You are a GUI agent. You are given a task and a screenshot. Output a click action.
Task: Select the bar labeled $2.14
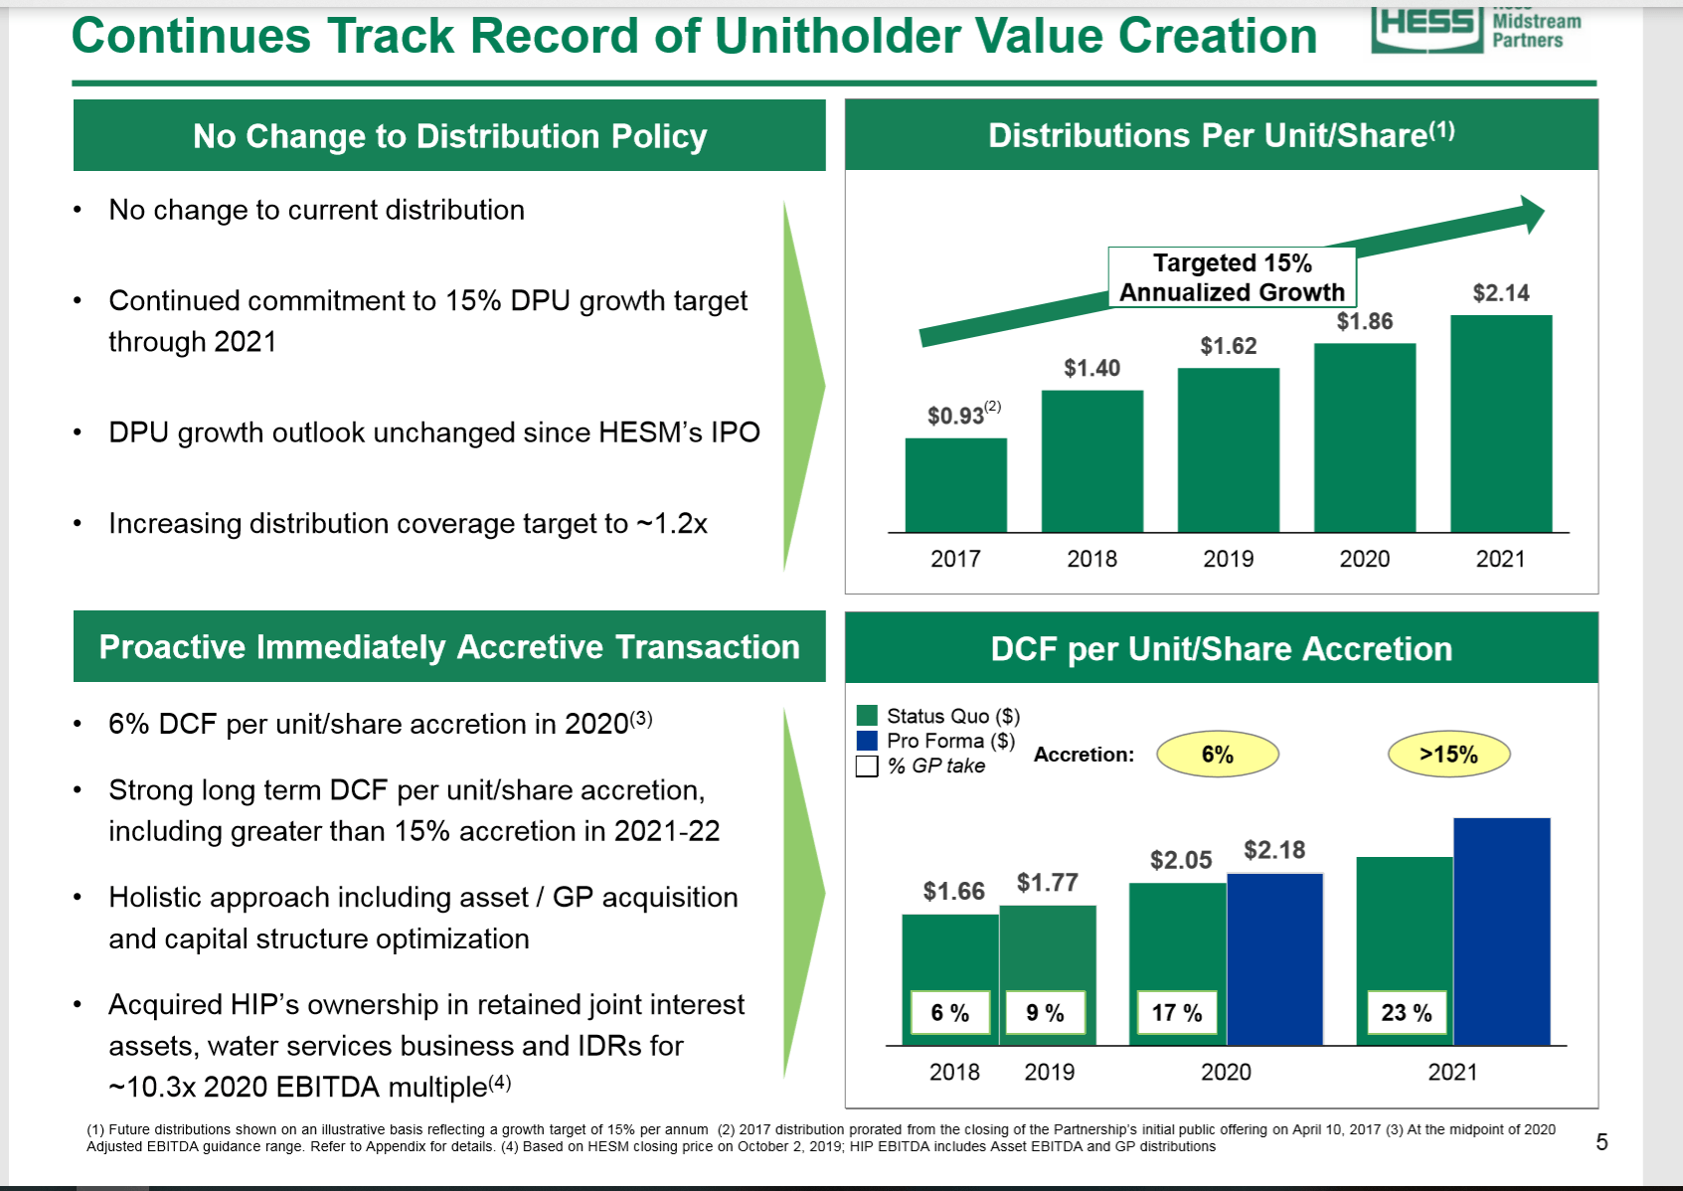[1500, 425]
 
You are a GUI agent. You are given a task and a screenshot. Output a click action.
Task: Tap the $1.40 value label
[1092, 369]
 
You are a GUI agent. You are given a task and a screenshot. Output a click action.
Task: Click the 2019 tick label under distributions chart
[1228, 559]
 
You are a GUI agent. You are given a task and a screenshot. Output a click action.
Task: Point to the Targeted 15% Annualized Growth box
[1232, 277]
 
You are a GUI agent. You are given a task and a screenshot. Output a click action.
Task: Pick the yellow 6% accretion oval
[1217, 755]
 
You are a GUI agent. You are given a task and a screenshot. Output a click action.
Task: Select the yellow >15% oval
[1448, 755]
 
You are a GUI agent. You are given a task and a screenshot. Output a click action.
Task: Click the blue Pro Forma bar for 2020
[1274, 959]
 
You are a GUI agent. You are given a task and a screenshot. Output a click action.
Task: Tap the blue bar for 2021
[1501, 932]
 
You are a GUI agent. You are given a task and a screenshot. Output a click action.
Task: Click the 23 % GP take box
[1406, 1013]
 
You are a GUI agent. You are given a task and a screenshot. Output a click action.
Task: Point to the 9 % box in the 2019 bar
[1045, 1013]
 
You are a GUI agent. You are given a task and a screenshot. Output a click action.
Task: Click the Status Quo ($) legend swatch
[867, 716]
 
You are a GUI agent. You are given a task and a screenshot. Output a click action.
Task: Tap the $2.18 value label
[1274, 851]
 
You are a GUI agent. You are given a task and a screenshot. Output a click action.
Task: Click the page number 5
[1601, 1142]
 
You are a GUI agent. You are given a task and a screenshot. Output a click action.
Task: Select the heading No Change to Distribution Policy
[449, 136]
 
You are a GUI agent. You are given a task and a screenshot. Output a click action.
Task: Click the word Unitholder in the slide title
[838, 37]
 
